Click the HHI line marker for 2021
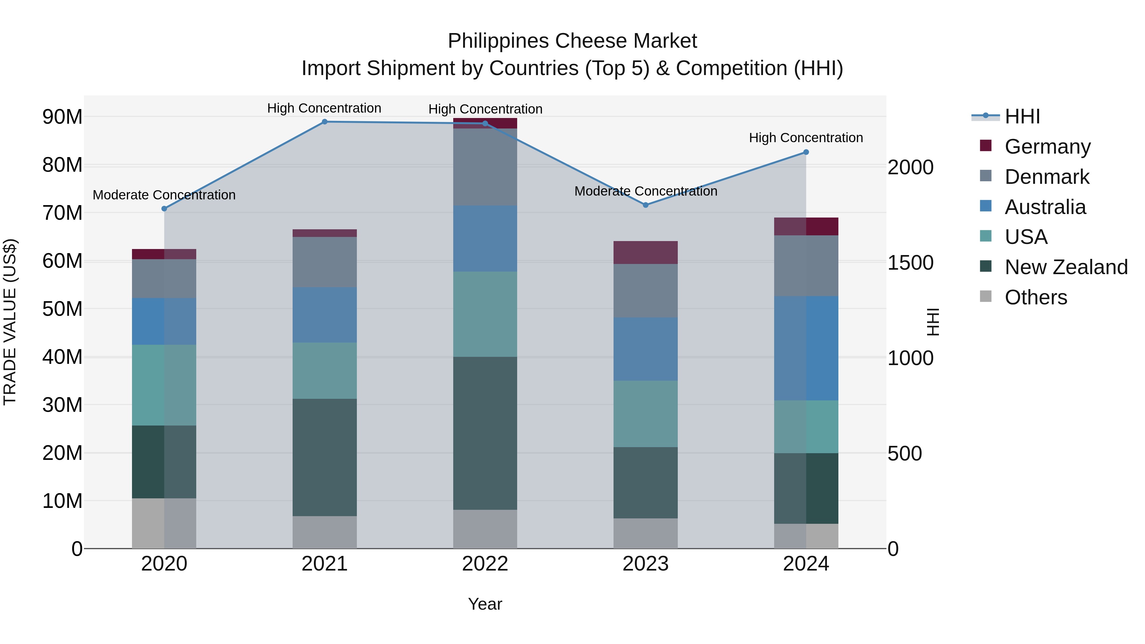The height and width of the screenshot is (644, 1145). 324,122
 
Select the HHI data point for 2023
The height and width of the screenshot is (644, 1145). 645,205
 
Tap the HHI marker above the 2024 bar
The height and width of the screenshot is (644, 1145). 806,152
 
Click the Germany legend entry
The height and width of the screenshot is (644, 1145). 1047,147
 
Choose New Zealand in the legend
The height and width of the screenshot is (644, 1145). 1065,267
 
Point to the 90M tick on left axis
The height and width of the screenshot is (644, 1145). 62,117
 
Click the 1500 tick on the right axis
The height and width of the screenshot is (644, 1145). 910,263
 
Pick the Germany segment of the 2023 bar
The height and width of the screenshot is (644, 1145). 645,253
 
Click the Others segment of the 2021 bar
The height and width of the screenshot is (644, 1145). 324,532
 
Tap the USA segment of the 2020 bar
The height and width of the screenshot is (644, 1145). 164,385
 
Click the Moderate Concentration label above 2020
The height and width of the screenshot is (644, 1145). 164,195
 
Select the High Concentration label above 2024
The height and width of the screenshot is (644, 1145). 806,138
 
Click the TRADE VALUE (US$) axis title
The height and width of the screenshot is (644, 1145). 10,322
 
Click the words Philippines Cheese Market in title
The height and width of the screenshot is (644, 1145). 572,41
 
